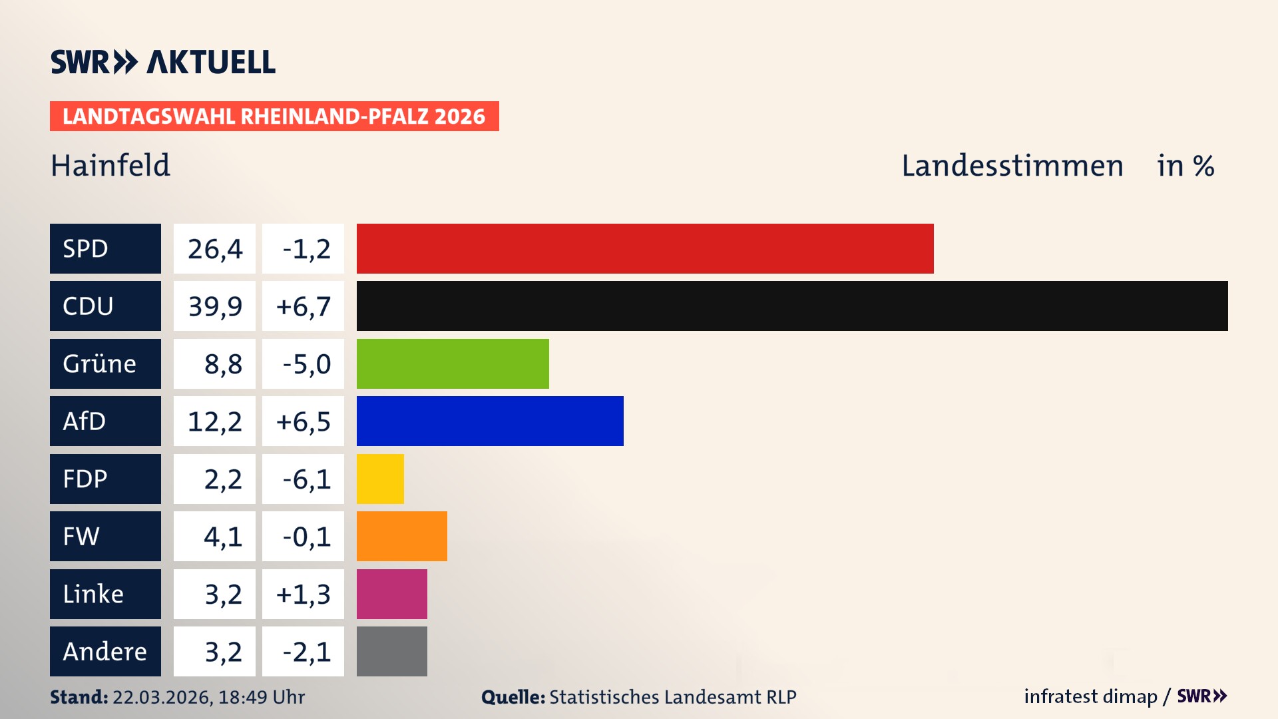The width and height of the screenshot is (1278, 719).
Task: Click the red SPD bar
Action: [x=644, y=248]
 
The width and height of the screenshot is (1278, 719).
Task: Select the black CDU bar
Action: [x=792, y=306]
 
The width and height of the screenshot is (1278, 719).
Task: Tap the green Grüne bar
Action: [x=453, y=363]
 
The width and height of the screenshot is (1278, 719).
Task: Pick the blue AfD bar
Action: [x=490, y=421]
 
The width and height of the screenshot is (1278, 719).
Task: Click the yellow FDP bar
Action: [x=380, y=479]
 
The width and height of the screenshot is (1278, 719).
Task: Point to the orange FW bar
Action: [x=401, y=536]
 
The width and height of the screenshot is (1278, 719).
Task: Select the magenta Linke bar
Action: [x=391, y=594]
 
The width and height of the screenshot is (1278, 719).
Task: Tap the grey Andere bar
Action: [x=391, y=651]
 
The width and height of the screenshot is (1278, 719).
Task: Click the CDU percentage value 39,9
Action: [x=214, y=306]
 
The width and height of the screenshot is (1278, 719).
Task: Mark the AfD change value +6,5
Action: [x=304, y=421]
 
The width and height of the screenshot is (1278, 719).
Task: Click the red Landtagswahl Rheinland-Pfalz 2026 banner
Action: [x=274, y=117]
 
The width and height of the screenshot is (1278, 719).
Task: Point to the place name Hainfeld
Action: [x=110, y=166]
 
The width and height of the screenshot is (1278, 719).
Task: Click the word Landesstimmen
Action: [x=1012, y=166]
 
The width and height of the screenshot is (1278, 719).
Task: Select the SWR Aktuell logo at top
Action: [x=163, y=62]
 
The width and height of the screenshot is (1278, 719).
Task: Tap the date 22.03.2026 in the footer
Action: [x=162, y=697]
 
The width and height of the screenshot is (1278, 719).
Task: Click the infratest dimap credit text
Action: [x=1090, y=696]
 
